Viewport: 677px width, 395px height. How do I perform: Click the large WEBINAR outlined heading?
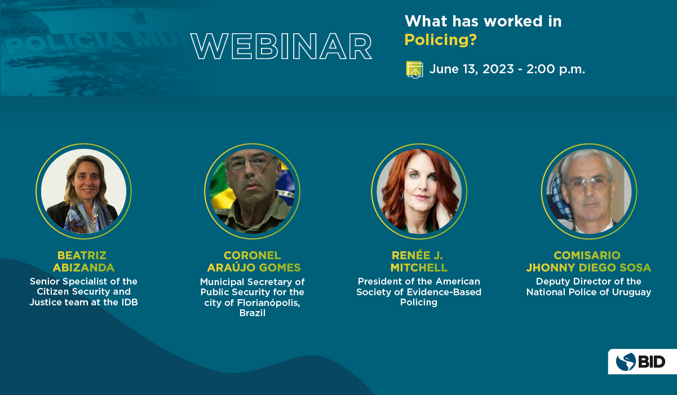coord(281,46)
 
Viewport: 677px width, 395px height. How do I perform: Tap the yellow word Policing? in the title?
coord(440,40)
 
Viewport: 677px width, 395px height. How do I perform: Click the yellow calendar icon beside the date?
coord(414,70)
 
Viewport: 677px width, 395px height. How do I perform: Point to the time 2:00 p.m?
coord(555,69)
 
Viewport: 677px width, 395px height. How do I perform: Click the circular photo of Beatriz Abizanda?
coord(84,192)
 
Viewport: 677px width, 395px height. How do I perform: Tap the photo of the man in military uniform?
coord(252,192)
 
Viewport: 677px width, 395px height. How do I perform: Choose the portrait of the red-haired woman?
coord(419,192)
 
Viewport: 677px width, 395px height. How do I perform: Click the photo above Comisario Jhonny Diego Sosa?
coord(589,192)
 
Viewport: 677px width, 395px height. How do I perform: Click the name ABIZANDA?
coord(84,268)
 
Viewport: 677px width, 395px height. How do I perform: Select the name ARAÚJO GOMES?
coord(254,268)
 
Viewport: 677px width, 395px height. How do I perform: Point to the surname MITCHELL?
coord(419,268)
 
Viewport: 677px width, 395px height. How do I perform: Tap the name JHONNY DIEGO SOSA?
coord(588,268)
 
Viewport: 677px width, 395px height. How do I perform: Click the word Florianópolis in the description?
coord(269,303)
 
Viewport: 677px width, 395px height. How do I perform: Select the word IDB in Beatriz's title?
coord(130,302)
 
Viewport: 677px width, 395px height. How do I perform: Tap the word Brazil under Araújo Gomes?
coord(253,313)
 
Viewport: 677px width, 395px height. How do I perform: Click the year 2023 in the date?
coord(498,69)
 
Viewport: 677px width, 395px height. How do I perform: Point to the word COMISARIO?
coord(587,255)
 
